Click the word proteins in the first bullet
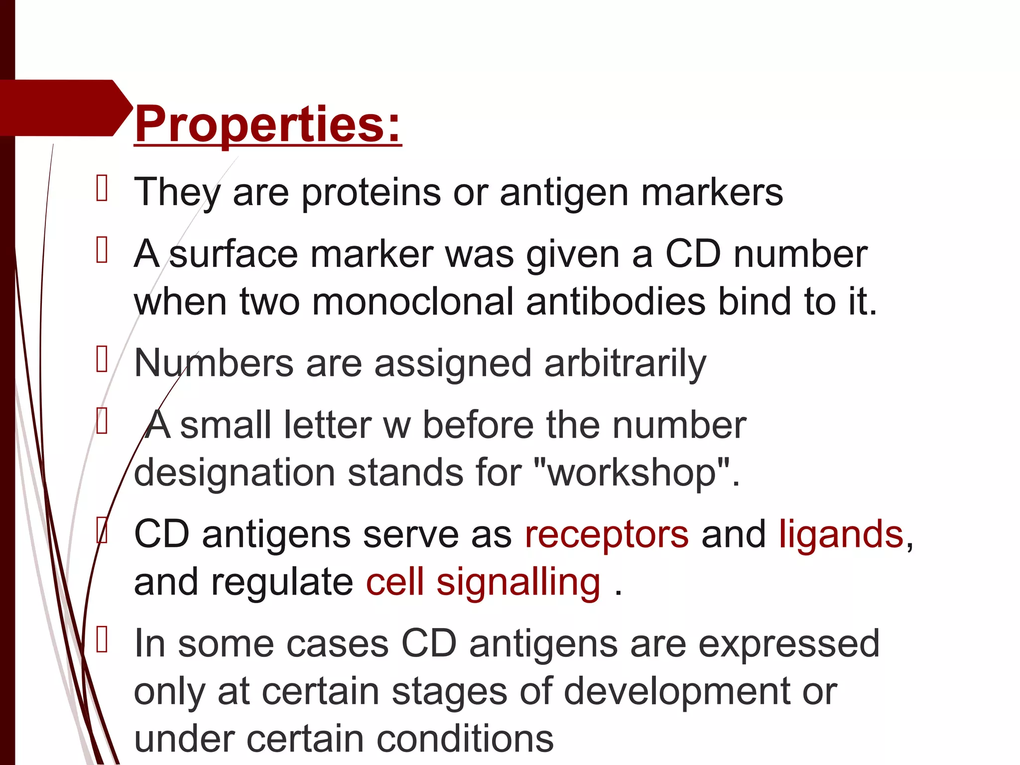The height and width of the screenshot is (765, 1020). click(x=371, y=192)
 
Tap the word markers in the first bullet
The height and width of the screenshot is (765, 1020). click(x=712, y=192)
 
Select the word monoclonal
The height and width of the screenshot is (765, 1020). click(x=413, y=302)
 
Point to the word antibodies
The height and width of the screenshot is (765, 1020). click(x=616, y=302)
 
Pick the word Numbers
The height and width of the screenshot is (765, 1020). click(x=214, y=364)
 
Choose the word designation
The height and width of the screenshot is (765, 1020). click(x=235, y=472)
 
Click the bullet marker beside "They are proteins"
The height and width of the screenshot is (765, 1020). click(x=102, y=188)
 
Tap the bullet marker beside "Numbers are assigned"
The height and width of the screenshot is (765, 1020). click(x=102, y=359)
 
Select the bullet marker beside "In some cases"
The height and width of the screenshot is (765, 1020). click(x=102, y=639)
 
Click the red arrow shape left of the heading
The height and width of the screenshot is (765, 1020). click(x=65, y=108)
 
